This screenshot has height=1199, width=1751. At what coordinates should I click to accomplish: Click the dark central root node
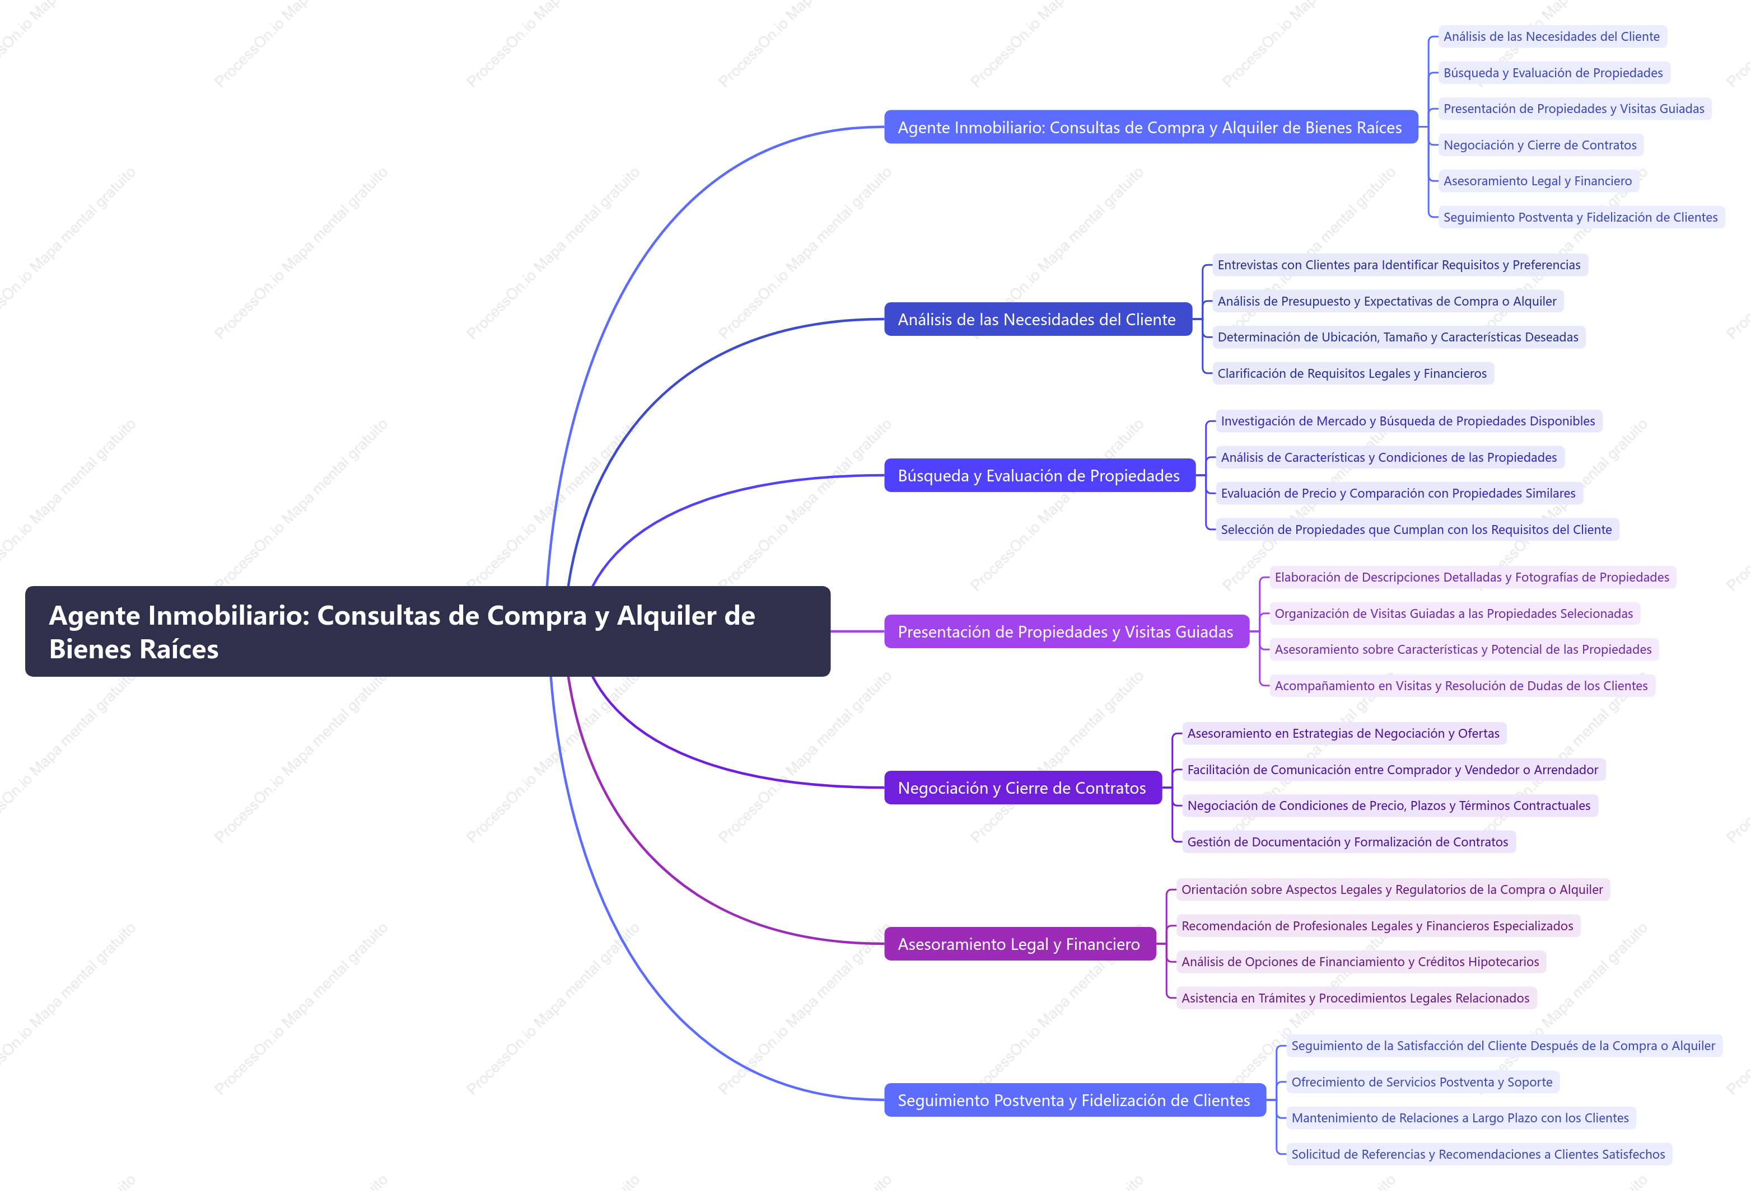tap(427, 631)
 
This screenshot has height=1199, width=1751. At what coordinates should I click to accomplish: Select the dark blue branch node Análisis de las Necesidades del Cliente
tap(1038, 319)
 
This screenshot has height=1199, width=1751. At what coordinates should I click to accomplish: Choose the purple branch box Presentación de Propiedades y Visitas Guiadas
tap(1066, 631)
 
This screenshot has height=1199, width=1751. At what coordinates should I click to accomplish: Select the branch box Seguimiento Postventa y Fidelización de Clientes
tap(1075, 1100)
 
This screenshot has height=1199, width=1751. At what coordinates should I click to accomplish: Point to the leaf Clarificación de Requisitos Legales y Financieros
tap(1352, 373)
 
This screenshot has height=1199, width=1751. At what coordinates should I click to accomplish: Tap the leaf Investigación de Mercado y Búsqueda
tap(1407, 421)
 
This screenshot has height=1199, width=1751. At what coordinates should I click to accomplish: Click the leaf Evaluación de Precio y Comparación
tap(1398, 493)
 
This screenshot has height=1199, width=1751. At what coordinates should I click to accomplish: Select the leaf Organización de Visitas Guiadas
tap(1454, 614)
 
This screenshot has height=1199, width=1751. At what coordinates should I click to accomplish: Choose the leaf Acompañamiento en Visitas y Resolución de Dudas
tap(1461, 686)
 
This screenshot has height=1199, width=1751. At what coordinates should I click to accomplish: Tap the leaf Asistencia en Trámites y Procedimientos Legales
tap(1356, 998)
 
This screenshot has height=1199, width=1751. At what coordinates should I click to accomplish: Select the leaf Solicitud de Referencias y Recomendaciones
tap(1478, 1155)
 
